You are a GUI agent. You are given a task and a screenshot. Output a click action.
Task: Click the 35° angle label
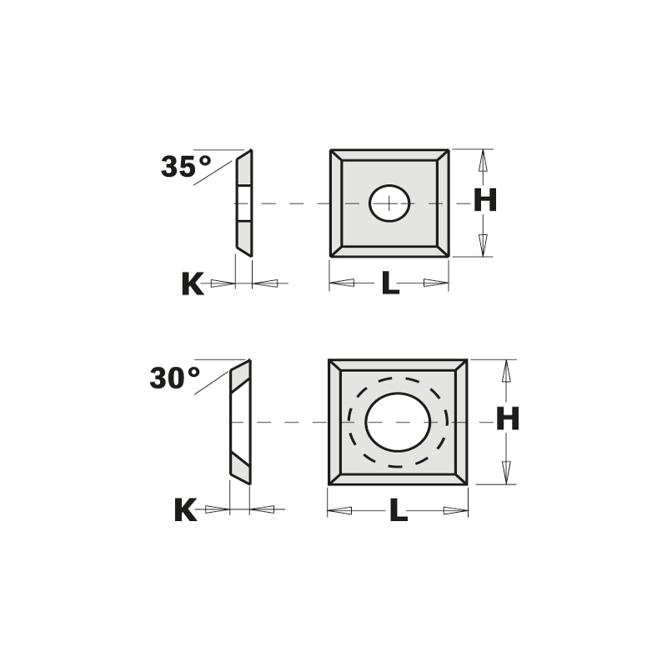click(187, 167)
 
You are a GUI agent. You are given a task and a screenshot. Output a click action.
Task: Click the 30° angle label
click(176, 379)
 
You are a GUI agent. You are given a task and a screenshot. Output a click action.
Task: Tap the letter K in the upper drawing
click(192, 284)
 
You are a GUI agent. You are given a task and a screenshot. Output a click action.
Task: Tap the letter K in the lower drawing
click(185, 509)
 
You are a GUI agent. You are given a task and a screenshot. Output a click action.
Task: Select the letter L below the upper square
click(389, 284)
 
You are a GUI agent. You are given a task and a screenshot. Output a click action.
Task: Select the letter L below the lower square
click(398, 510)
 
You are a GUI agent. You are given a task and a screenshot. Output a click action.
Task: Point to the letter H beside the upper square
click(485, 200)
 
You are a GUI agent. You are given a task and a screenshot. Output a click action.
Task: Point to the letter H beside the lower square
click(508, 419)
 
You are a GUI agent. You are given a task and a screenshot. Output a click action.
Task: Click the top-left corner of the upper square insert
click(332, 152)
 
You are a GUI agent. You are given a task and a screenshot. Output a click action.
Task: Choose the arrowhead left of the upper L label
click(342, 283)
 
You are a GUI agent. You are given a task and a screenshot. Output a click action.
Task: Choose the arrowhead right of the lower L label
click(454, 509)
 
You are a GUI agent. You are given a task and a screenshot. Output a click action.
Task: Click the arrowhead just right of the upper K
click(265, 283)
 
